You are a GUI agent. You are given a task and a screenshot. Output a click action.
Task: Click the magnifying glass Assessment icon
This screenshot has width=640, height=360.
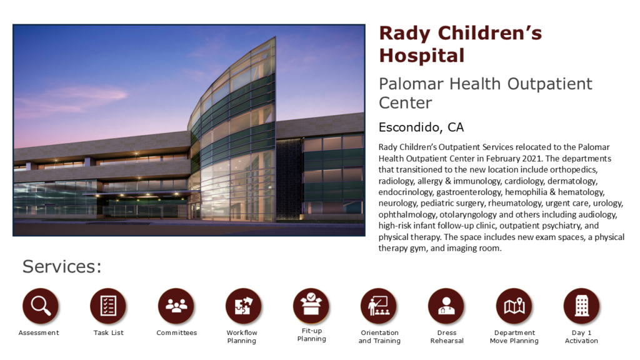click(x=41, y=306)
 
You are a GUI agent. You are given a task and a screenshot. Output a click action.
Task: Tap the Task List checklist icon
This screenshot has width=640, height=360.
click(x=108, y=306)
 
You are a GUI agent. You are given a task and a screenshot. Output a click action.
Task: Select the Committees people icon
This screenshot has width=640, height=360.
click(x=176, y=306)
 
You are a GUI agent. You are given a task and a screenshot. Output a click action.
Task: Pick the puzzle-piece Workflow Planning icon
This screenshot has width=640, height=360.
click(x=244, y=306)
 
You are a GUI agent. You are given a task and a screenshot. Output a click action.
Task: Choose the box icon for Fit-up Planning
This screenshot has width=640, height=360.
click(x=311, y=305)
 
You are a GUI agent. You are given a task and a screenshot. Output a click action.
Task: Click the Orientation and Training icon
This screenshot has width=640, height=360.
click(x=379, y=306)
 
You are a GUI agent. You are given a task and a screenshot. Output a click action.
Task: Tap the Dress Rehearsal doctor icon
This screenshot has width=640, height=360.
click(x=446, y=306)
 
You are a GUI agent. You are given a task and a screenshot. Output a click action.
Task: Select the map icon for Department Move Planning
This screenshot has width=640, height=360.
click(x=514, y=306)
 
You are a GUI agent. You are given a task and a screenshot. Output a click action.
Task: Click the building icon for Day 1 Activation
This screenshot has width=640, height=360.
click(x=582, y=306)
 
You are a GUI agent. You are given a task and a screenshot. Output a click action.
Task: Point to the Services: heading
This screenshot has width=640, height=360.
click(x=62, y=266)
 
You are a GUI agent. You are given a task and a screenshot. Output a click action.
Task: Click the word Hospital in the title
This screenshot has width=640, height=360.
click(x=422, y=56)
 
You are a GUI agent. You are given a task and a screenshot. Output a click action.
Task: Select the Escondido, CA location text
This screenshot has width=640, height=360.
click(x=421, y=127)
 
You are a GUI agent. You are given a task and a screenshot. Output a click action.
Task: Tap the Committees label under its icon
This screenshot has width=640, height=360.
click(x=176, y=332)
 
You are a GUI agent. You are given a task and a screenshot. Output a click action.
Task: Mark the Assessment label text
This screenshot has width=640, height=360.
click(x=39, y=332)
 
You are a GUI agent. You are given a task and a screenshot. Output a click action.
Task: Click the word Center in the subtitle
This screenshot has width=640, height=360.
click(x=405, y=103)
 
